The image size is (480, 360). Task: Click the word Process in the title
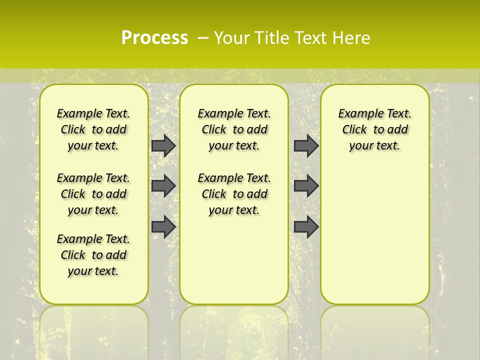point(154,37)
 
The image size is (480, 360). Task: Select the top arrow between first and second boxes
point(163,145)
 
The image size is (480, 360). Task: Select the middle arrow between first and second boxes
point(163,186)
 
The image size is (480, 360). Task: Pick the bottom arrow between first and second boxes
point(163,226)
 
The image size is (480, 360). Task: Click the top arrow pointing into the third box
point(306,145)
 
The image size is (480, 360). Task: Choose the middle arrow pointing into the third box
point(306,186)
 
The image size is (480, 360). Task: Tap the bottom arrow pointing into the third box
point(306,226)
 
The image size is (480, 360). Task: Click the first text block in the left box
point(93,129)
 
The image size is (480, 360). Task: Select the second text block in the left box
point(93,194)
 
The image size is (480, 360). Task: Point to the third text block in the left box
point(93,255)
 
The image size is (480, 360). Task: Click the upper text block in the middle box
point(234,129)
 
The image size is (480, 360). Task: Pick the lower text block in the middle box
point(234,194)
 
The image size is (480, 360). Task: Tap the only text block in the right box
point(374,129)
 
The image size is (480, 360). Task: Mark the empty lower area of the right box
point(374,235)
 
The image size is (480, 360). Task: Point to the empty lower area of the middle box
point(234,260)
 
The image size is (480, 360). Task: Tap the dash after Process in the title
point(203,38)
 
